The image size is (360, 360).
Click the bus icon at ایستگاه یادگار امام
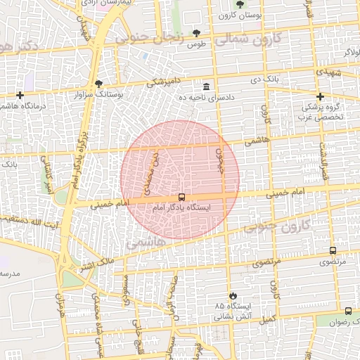coord(182,198)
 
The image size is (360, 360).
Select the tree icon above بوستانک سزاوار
coord(98,83)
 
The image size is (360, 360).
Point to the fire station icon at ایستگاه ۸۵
coord(233,295)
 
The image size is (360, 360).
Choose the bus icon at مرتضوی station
coord(333,250)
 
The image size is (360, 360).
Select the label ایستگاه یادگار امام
coord(186,208)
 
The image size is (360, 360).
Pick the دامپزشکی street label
coord(166,82)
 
